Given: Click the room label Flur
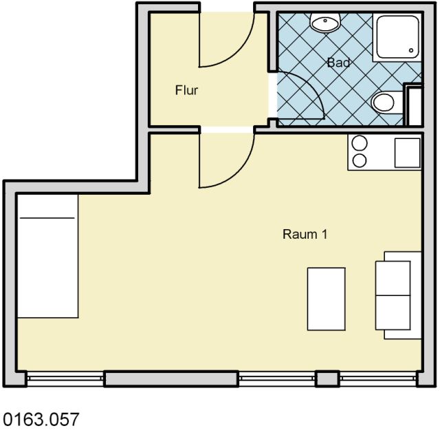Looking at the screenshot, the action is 186,90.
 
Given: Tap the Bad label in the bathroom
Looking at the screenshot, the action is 339,63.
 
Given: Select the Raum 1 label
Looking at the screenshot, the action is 305,234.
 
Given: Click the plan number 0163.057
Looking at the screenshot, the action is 41,419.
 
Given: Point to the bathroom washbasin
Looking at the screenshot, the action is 325,23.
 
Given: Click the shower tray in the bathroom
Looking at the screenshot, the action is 397,37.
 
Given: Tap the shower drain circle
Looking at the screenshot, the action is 411,50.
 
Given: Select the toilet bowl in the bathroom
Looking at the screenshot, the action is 384,102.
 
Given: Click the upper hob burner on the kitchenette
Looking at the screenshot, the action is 360,143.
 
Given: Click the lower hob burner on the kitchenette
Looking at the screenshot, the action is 360,161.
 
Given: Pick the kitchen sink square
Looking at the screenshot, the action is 408,153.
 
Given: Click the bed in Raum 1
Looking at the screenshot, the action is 47,256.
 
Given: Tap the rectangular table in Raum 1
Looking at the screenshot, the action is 327,299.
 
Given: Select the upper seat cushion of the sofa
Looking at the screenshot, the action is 393,278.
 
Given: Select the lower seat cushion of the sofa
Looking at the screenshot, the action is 393,312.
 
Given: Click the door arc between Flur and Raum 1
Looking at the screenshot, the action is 239,172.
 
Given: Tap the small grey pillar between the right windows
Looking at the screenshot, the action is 327,379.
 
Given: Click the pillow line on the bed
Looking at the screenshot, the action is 47,217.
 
